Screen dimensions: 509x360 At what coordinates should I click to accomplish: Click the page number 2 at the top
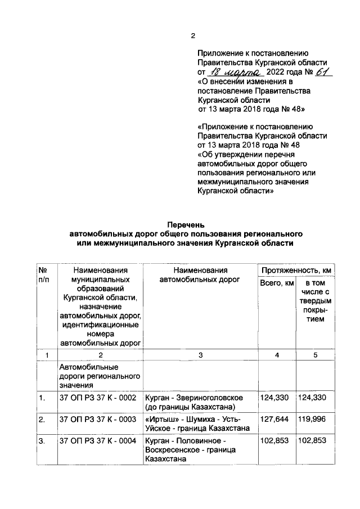tap(192, 37)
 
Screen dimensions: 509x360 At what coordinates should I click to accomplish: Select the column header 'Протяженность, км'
tap(295, 271)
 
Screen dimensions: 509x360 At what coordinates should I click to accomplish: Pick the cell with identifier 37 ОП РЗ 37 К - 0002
tap(98, 398)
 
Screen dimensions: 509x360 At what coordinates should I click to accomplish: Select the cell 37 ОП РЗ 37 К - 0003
tap(98, 420)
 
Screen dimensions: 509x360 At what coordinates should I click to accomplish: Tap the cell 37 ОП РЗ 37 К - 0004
tap(98, 441)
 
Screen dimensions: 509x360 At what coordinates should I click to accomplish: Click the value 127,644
tap(275, 420)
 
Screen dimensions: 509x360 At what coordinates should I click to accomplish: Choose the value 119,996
tap(313, 420)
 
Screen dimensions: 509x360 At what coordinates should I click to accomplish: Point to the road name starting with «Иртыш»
tap(198, 424)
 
